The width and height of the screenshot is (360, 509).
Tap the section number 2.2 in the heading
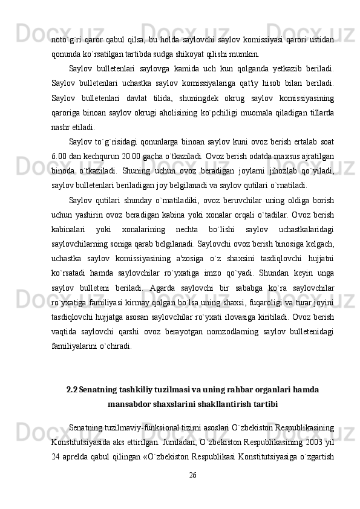pos(72,388)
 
